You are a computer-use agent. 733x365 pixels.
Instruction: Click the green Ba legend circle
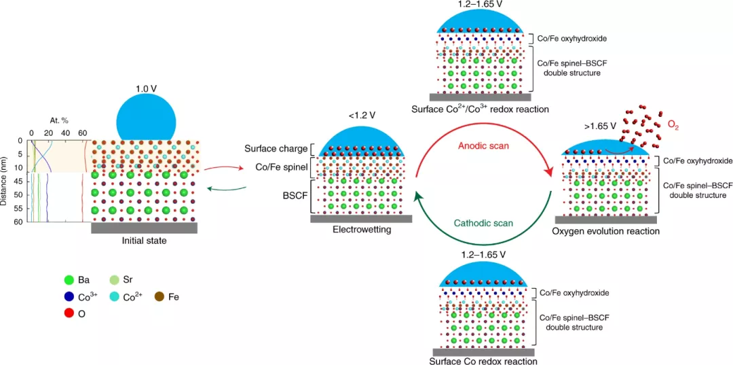68,279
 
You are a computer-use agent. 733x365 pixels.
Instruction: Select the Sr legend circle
115,279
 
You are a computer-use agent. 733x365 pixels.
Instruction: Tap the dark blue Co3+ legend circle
68,297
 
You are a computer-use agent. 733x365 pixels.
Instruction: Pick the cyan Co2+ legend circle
115,297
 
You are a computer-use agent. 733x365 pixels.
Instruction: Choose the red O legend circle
68,314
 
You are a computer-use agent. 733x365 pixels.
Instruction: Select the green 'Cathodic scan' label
483,222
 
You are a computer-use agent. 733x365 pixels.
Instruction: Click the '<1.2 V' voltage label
359,116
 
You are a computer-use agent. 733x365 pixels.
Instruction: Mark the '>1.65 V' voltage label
599,126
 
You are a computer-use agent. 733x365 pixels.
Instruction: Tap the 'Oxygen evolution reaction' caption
605,231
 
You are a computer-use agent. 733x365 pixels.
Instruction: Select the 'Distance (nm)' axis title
5,180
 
